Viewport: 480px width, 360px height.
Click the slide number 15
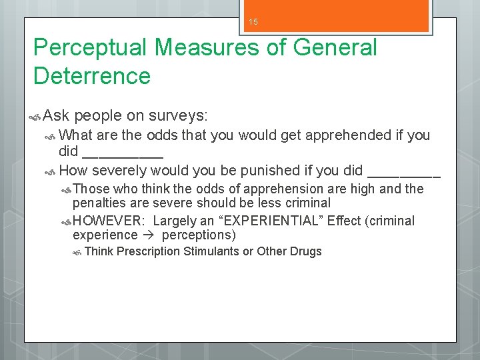[x=253, y=22]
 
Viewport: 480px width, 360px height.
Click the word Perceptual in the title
[x=91, y=49]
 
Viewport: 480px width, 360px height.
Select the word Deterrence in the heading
[x=92, y=76]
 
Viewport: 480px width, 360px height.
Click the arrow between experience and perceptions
[x=149, y=235]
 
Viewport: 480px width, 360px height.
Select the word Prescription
[x=148, y=251]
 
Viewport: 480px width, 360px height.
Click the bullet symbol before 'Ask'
[x=37, y=117]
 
